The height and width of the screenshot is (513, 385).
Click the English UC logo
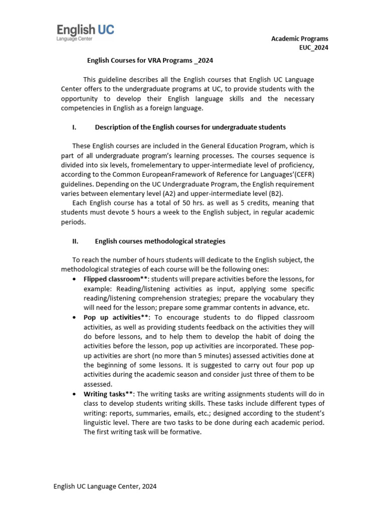coord(85,33)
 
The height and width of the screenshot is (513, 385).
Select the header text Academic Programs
coord(300,39)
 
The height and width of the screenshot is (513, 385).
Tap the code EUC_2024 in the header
coord(314,48)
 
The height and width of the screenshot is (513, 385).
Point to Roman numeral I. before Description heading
coord(74,127)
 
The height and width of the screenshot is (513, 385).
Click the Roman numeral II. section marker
coord(75,241)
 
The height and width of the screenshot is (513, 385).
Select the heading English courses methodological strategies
coord(160,241)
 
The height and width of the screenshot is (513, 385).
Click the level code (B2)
coord(294,193)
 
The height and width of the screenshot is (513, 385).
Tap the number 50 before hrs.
coord(163,203)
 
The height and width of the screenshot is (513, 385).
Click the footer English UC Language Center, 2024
coord(105,486)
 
